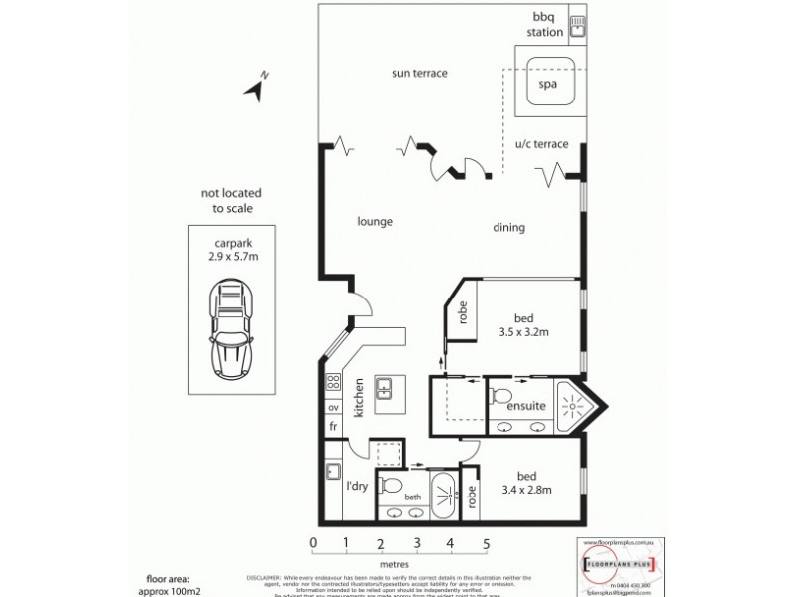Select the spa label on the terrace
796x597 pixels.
546,85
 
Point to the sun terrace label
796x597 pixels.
420,73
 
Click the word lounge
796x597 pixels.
376,221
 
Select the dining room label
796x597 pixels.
508,228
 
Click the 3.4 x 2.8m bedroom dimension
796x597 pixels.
520,488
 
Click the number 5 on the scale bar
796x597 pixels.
487,543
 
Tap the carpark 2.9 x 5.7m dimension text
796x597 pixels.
231,256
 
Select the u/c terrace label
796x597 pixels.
541,144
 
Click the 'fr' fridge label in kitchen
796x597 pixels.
333,425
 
